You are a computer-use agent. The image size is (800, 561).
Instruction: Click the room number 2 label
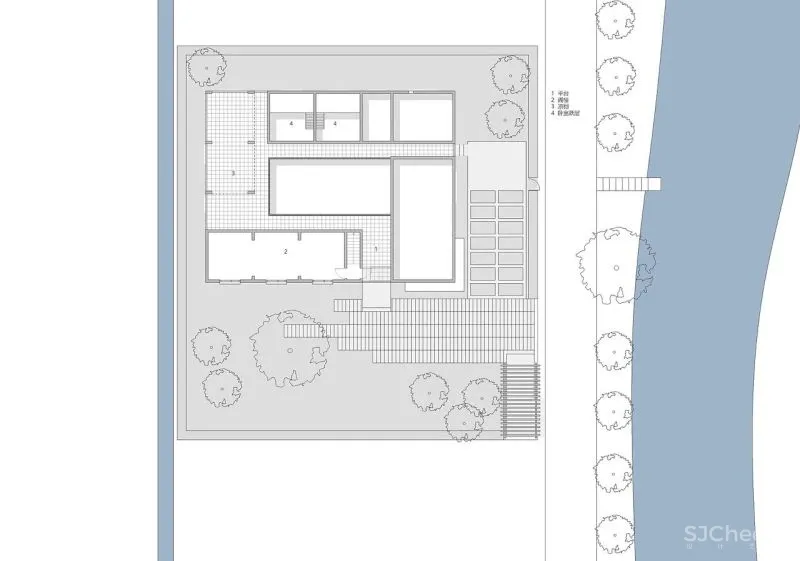pyautogui.click(x=285, y=252)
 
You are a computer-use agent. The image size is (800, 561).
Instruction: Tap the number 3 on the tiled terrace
pyautogui.click(x=234, y=173)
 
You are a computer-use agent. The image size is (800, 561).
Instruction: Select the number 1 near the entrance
pyautogui.click(x=375, y=248)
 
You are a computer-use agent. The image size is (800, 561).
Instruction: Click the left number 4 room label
pyautogui.click(x=291, y=123)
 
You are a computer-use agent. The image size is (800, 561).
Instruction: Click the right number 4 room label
pyautogui.click(x=335, y=123)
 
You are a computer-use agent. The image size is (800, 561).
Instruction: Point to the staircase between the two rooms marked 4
pyautogui.click(x=313, y=123)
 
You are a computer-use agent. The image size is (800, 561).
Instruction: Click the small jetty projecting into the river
pyautogui.click(x=629, y=183)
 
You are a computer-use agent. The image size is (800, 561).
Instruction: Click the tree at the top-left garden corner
pyautogui.click(x=207, y=67)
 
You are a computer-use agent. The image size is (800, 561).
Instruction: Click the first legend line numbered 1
pyautogui.click(x=564, y=93)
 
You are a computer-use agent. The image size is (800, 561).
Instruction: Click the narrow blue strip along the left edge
pyautogui.click(x=165, y=280)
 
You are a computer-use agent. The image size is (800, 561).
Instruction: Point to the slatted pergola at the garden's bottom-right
pyautogui.click(x=519, y=400)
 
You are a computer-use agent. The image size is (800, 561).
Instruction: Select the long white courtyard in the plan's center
pyautogui.click(x=329, y=187)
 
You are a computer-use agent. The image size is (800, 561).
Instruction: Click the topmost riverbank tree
pyautogui.click(x=615, y=19)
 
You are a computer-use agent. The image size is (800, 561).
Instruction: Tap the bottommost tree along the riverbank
pyautogui.click(x=614, y=527)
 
